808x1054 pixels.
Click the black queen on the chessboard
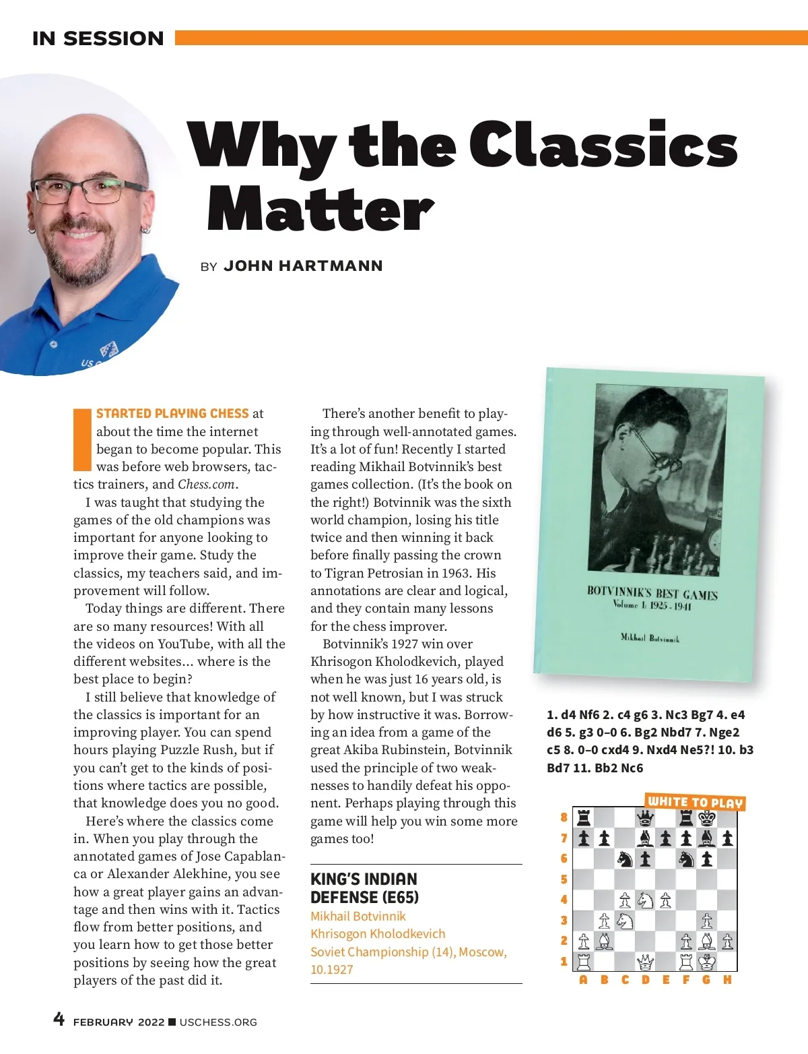coord(645,817)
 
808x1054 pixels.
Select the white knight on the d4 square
coord(645,900)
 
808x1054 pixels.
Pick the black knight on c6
coord(625,859)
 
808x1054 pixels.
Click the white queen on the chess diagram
coord(645,961)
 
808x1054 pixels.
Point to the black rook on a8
coord(584,817)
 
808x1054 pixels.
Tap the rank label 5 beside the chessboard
coord(564,879)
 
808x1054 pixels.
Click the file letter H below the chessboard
coord(727,980)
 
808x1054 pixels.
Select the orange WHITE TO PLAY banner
coord(695,802)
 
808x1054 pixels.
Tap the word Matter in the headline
coord(320,209)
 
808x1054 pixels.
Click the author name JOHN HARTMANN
coord(303,266)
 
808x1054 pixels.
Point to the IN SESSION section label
coord(98,38)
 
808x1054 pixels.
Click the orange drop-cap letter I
coord(82,439)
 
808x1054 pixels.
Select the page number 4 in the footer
coord(59,1019)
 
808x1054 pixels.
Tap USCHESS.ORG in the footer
coord(218,1022)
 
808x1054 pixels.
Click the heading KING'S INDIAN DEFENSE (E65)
coord(364,888)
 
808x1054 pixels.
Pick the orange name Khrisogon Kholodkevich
coord(378,934)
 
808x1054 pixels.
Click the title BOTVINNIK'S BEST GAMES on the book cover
coord(652,593)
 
